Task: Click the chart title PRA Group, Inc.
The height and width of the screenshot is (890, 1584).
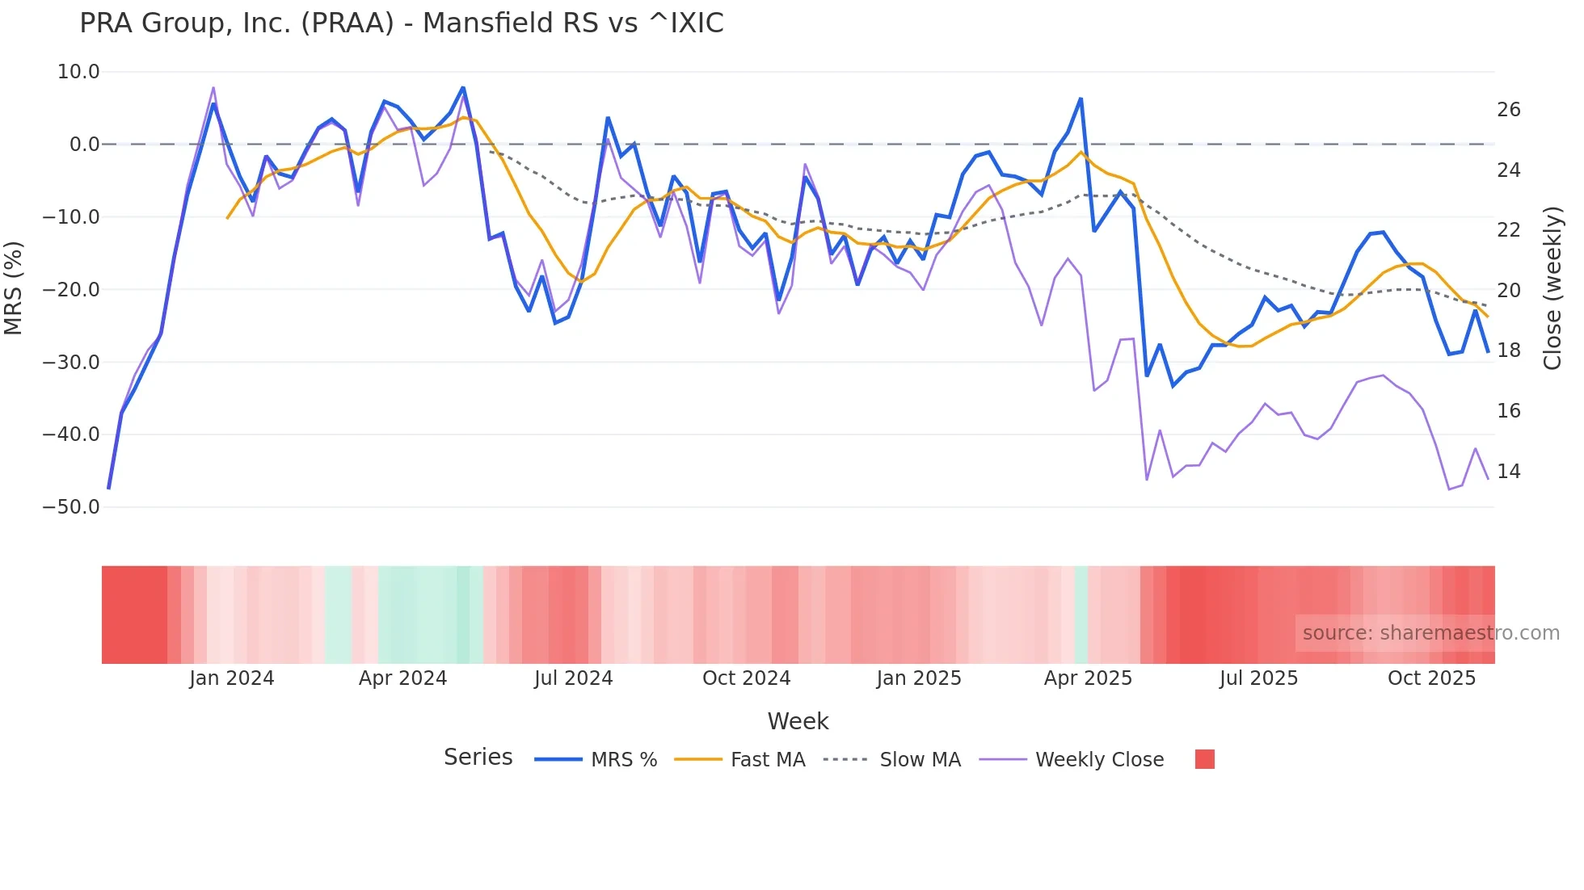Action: tap(401, 23)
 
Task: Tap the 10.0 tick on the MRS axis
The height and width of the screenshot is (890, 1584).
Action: tap(78, 72)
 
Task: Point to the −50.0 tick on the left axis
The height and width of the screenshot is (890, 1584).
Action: tap(71, 507)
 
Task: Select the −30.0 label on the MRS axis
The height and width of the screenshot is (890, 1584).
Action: tap(71, 362)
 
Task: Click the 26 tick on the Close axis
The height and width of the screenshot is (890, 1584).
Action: tap(1508, 110)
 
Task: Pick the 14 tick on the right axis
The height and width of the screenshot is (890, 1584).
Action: tap(1508, 472)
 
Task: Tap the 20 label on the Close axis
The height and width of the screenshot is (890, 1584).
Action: tap(1508, 291)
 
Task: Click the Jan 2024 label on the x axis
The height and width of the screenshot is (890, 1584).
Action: tap(232, 678)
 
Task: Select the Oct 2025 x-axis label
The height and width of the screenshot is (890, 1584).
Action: tap(1431, 678)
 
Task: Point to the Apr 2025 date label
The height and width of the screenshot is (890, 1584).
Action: tap(1088, 678)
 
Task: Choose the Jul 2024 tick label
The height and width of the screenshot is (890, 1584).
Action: tap(573, 678)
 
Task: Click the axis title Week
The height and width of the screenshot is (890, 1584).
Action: tap(798, 721)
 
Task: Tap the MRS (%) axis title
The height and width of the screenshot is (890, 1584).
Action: tap(14, 288)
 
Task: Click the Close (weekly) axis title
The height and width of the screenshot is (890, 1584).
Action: tap(1552, 288)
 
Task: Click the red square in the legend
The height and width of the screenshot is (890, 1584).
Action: tap(1204, 759)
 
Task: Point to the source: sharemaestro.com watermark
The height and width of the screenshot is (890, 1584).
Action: tap(1430, 633)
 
